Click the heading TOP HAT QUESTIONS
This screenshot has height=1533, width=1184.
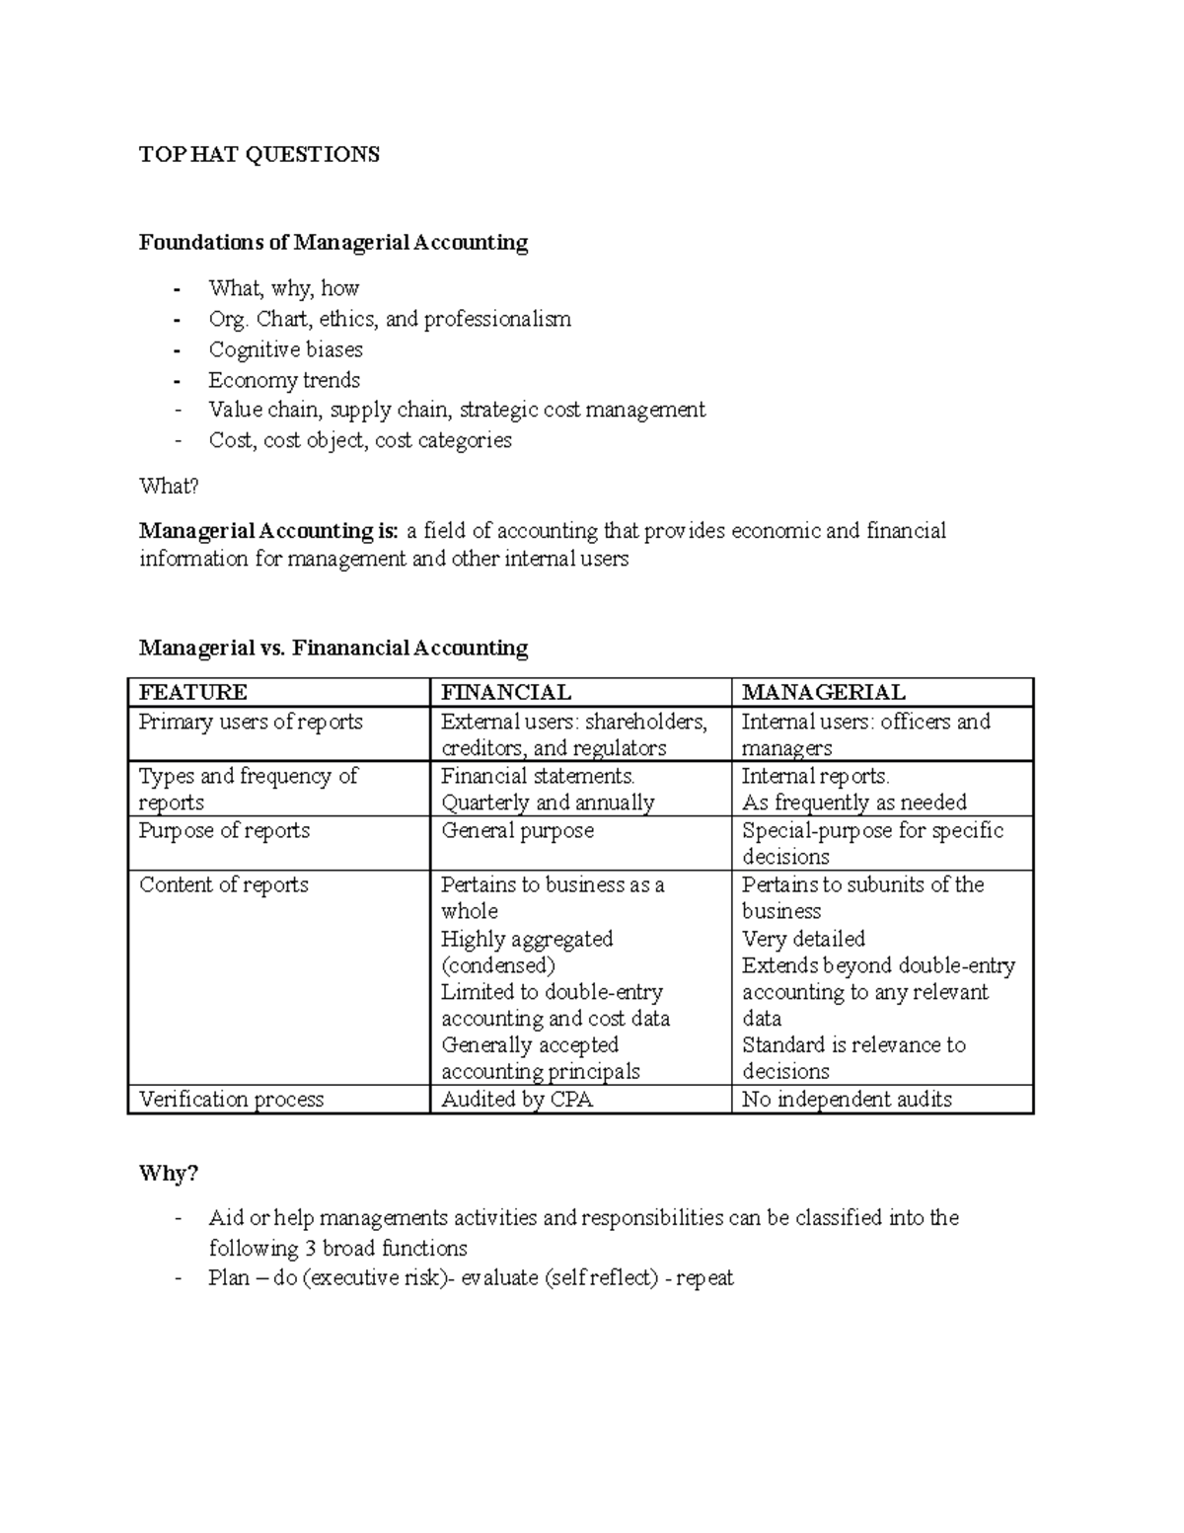pos(259,154)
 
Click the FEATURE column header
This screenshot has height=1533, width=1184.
pos(193,692)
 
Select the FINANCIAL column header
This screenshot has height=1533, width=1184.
pos(505,692)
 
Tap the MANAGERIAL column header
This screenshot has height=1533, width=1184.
pos(823,692)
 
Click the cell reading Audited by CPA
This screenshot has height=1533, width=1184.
pos(517,1099)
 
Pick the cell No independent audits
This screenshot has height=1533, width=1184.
pos(847,1099)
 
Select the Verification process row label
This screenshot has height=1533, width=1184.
pos(231,1099)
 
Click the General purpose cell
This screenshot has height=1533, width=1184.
pos(517,830)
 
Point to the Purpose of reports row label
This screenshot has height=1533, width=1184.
pos(224,830)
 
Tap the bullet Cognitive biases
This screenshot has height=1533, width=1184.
pos(285,349)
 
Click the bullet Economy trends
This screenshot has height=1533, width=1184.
pos(284,380)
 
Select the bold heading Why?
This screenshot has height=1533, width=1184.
pos(169,1173)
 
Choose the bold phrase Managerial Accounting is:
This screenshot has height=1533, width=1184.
pos(268,531)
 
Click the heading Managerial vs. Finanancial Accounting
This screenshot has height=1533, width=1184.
pos(333,648)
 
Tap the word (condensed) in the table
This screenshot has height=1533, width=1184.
pos(497,965)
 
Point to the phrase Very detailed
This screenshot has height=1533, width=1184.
pos(803,939)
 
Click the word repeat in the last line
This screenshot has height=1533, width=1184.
pos(704,1278)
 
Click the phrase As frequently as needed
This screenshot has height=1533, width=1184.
pos(853,803)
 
